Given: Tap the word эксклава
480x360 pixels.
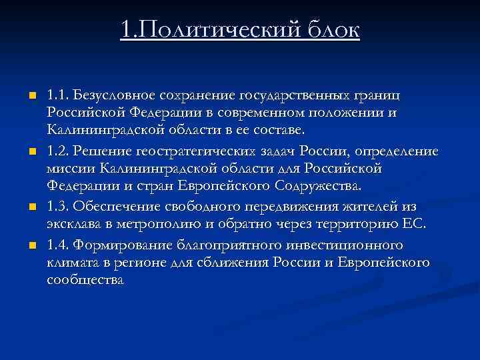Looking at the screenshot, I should pos(73,225).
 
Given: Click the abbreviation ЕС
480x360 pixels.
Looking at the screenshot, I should pos(412,225).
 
